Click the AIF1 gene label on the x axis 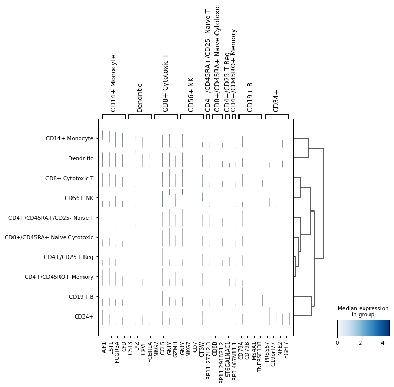pos(104,346)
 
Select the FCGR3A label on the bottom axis pos(117,350)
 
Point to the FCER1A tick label pos(149,350)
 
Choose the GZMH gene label pos(176,348)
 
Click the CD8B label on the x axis pos(216,346)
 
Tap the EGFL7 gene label pos(289,348)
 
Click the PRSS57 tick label pos(269,349)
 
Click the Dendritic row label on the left pos(80,158)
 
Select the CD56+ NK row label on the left pos(79,198)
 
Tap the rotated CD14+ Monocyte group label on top pos(114,83)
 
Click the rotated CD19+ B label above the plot pos(250,97)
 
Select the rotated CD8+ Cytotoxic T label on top pos(166,83)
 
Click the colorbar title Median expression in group pos(363,311)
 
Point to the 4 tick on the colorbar pos(382,343)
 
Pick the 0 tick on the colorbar pos(337,343)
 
